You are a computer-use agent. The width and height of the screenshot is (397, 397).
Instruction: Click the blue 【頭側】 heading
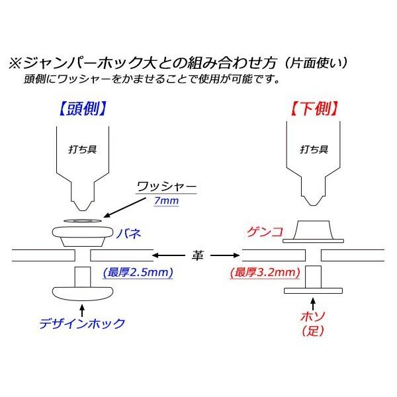(x=82, y=107)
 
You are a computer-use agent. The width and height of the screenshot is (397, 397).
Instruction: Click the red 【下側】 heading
(x=314, y=107)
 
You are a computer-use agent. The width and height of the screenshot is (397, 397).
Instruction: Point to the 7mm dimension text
(x=165, y=200)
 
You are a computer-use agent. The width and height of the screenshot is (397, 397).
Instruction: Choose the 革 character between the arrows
(x=197, y=254)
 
